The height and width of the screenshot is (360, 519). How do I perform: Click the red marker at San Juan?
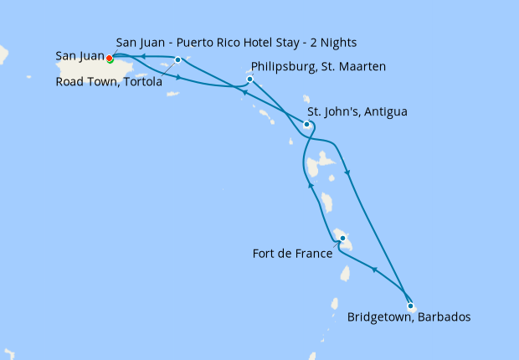pos(109,58)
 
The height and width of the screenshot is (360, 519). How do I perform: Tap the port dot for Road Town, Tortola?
pos(177,59)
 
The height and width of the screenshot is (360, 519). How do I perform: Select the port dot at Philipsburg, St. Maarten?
pos(249,80)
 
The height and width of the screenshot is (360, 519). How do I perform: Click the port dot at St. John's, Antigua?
pos(307,125)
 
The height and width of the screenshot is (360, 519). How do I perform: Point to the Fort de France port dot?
pos(342,239)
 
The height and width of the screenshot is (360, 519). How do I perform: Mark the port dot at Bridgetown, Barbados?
pos(410,306)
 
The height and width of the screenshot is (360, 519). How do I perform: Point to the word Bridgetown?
pos(378,317)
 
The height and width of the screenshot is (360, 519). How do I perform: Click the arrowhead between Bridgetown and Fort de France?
pos(373,270)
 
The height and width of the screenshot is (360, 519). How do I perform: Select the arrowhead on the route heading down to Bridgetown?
pos(347,172)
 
